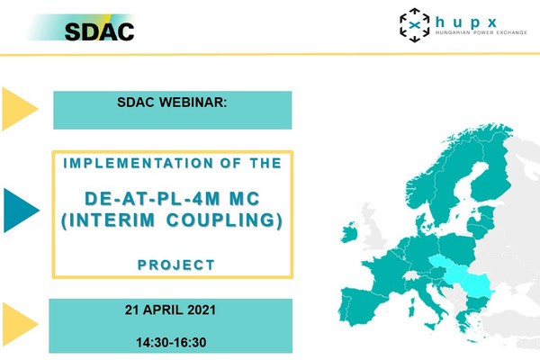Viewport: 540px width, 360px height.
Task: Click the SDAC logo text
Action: (99, 31)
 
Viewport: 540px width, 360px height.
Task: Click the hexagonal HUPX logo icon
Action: (414, 25)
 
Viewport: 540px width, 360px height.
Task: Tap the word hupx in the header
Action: (466, 22)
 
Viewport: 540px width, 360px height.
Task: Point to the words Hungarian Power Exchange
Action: (481, 32)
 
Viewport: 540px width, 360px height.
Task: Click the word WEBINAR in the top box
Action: (193, 103)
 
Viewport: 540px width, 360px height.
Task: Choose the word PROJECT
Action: (176, 265)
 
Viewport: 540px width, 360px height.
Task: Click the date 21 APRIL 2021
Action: (170, 310)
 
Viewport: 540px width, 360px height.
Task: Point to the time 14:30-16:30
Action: (171, 342)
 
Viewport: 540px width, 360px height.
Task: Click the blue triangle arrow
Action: (21, 210)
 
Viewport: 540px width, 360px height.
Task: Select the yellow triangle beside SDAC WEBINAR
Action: (20, 109)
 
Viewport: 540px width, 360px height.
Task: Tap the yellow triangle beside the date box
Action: (20, 324)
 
